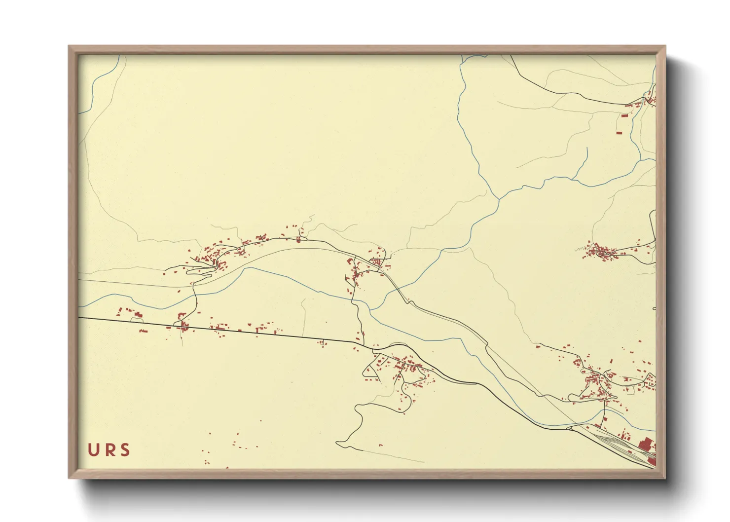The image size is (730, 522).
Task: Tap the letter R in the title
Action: (109, 450)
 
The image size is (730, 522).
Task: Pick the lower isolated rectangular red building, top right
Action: (619, 132)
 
